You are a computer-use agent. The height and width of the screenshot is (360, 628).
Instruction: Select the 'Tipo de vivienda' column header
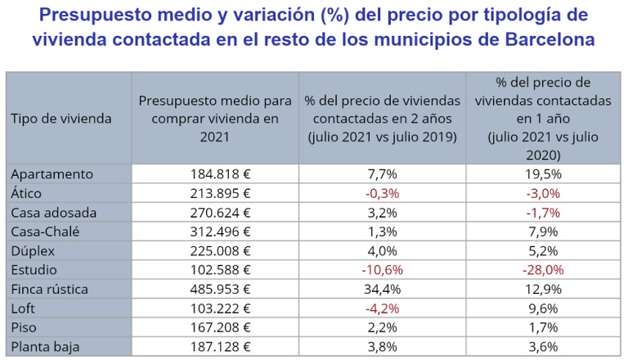[61, 119]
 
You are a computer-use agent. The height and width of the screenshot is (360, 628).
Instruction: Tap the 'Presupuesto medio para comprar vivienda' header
[215, 119]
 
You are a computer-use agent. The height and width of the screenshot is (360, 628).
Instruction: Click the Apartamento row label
[52, 174]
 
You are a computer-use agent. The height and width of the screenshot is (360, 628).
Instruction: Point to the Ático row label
[32, 193]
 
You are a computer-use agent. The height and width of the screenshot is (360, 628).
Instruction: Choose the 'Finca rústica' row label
[56, 289]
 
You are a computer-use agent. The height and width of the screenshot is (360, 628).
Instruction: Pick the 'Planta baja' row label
[47, 346]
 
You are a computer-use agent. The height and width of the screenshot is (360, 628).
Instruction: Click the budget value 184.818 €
[215, 174]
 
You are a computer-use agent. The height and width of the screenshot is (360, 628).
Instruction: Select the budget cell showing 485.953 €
[215, 289]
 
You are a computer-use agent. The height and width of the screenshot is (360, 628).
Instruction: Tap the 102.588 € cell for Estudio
[215, 270]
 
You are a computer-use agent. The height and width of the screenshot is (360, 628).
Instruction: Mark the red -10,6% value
[383, 270]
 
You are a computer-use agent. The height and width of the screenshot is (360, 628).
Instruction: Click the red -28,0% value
[543, 270]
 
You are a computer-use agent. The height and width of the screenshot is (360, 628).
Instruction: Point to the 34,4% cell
[383, 289]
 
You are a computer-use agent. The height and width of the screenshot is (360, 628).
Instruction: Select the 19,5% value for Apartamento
[543, 174]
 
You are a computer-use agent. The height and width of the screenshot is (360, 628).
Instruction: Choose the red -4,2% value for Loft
[383, 308]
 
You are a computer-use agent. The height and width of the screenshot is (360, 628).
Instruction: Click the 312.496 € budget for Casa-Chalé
[215, 232]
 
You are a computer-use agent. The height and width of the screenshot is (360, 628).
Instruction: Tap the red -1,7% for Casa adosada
[543, 213]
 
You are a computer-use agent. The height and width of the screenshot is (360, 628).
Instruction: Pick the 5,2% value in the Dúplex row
[543, 250]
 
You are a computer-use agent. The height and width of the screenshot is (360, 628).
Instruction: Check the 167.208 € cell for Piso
[215, 327]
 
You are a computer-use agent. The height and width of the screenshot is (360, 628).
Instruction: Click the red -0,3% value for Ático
[383, 193]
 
